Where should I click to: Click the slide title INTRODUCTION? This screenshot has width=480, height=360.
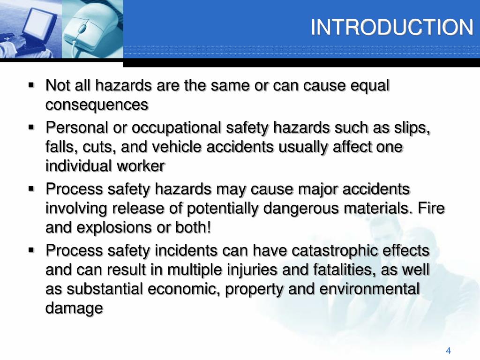point(392,28)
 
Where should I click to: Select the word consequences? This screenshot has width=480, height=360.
point(97,105)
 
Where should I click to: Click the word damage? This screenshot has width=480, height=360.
point(74,308)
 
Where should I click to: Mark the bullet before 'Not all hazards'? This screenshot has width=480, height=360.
point(32,85)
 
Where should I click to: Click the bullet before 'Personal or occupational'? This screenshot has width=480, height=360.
point(32,127)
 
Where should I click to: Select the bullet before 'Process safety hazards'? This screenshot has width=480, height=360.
point(32,189)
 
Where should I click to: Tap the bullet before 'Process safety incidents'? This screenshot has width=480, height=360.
point(32,250)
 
